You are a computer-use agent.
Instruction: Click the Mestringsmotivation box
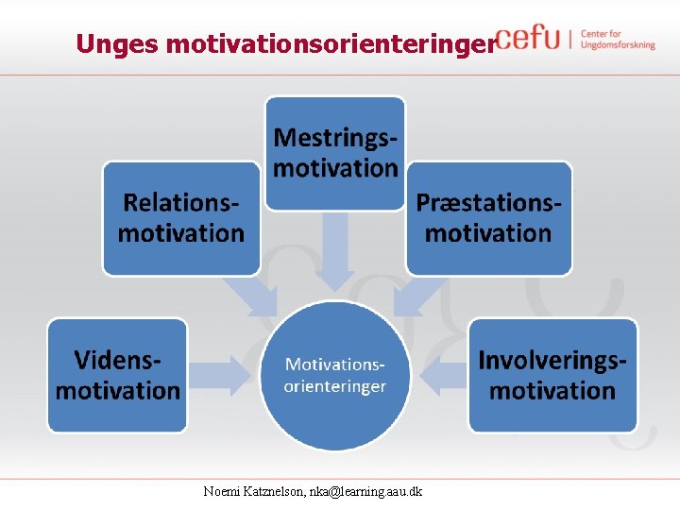click(334, 153)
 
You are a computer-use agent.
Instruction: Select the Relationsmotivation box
click(180, 218)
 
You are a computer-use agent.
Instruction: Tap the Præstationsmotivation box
click(488, 218)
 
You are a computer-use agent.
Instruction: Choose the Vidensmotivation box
click(118, 375)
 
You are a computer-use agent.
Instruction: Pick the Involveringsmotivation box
click(552, 375)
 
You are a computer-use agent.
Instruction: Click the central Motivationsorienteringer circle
click(334, 375)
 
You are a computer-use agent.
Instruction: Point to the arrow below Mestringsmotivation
click(334, 249)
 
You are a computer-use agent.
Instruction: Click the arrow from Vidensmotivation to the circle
click(223, 376)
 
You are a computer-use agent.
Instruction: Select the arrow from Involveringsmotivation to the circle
click(445, 376)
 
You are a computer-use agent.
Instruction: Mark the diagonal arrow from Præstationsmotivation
click(414, 297)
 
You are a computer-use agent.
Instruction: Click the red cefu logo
click(527, 38)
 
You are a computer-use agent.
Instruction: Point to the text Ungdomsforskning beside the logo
click(618, 45)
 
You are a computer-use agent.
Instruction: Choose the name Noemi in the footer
click(223, 491)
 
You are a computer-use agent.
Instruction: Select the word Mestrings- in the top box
click(334, 138)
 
